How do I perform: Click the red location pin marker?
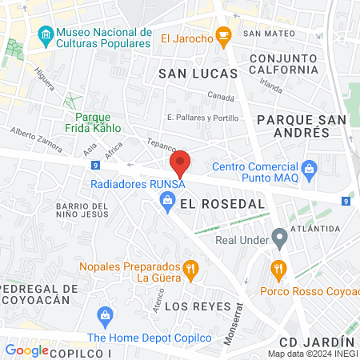click(181, 163)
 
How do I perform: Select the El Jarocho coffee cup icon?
click(226, 35)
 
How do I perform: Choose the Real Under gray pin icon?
click(279, 237)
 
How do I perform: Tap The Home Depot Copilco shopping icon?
click(104, 315)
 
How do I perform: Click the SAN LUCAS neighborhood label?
click(198, 73)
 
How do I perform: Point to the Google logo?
click(27, 350)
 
